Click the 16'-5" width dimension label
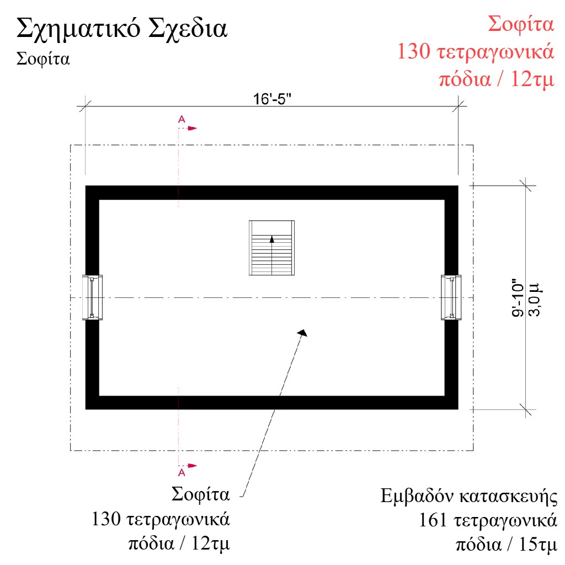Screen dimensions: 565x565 (x=272, y=99)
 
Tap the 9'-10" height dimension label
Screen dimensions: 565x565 (x=518, y=297)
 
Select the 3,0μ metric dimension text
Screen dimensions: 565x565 (x=534, y=299)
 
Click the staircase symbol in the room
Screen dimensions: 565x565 (x=271, y=248)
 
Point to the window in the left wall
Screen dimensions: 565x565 (x=92, y=297)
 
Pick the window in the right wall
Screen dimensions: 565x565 (x=451, y=297)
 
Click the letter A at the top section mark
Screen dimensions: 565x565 (x=182, y=119)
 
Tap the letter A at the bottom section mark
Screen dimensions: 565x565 (x=182, y=472)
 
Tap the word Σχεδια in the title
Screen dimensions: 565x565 (x=188, y=29)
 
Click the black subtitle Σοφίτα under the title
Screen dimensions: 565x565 (x=43, y=58)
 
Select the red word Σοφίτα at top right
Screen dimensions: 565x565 (x=521, y=24)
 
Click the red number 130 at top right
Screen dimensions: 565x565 (x=414, y=51)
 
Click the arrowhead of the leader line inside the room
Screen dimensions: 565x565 (x=303, y=333)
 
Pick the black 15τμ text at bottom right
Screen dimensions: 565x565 (x=537, y=544)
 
